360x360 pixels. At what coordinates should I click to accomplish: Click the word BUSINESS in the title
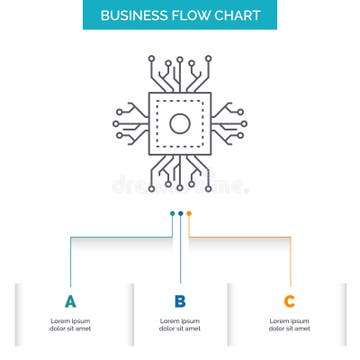[x=132, y=16]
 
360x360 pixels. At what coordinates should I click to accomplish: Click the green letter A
[x=70, y=301]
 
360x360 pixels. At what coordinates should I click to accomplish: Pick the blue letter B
[x=180, y=301]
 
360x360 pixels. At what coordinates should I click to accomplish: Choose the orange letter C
[x=289, y=301]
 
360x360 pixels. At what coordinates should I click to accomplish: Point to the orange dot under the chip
[x=188, y=213]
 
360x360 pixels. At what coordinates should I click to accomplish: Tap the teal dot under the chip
[x=172, y=213]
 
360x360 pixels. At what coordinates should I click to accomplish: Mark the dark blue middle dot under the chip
[x=180, y=213]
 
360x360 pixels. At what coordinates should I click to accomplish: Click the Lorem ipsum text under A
[x=70, y=324]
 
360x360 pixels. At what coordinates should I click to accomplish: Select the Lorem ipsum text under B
[x=180, y=324]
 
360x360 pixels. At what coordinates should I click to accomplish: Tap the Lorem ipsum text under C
[x=289, y=324]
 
